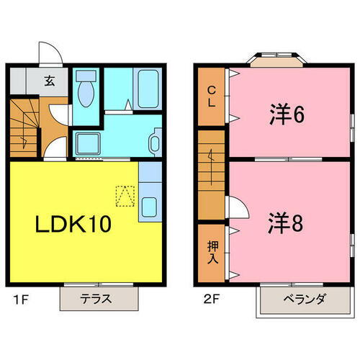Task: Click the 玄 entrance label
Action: [x=50, y=81]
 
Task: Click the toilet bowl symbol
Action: [x=86, y=90]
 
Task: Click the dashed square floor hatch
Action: [x=125, y=194]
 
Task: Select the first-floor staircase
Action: [x=24, y=127]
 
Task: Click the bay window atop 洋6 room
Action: [x=274, y=58]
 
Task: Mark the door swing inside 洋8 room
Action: [x=237, y=209]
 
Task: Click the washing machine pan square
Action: [x=88, y=144]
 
